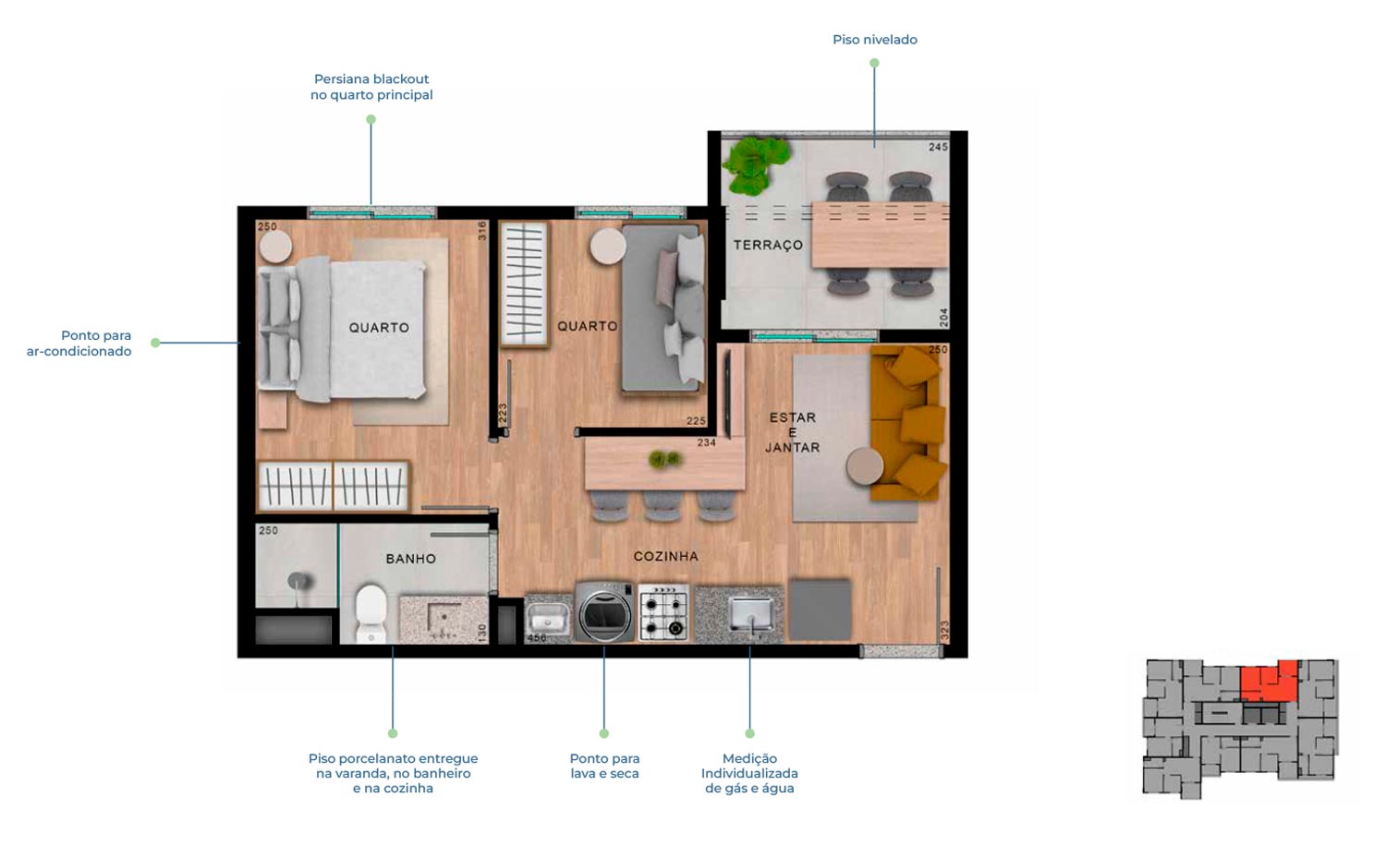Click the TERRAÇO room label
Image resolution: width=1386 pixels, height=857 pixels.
(768, 245)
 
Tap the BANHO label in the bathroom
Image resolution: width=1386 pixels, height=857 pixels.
(411, 559)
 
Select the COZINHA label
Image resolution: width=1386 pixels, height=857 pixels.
(666, 557)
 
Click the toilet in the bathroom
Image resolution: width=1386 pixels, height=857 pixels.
(371, 614)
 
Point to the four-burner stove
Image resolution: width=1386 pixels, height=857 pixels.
(663, 612)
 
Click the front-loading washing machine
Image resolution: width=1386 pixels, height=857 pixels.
(604, 611)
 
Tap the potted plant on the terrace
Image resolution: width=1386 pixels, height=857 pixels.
(756, 163)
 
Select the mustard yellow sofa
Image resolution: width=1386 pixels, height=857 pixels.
(907, 423)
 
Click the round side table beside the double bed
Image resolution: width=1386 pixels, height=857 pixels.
(275, 246)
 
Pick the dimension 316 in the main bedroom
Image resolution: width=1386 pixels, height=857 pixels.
(482, 231)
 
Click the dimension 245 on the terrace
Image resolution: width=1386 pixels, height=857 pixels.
(938, 147)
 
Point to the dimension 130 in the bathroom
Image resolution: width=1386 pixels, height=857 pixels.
(482, 633)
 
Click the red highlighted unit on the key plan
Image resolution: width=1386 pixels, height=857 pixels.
(1270, 682)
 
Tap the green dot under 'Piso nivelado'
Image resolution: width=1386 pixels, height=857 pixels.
(874, 63)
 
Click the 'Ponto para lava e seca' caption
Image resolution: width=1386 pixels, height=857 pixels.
(604, 766)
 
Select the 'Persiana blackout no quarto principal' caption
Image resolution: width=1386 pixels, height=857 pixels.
(371, 87)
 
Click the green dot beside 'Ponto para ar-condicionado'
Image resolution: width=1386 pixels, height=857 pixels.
(155, 343)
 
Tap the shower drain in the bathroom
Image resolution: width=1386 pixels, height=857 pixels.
(299, 581)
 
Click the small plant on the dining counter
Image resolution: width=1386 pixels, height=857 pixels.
(664, 459)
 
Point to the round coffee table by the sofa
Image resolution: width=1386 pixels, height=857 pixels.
(865, 466)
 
